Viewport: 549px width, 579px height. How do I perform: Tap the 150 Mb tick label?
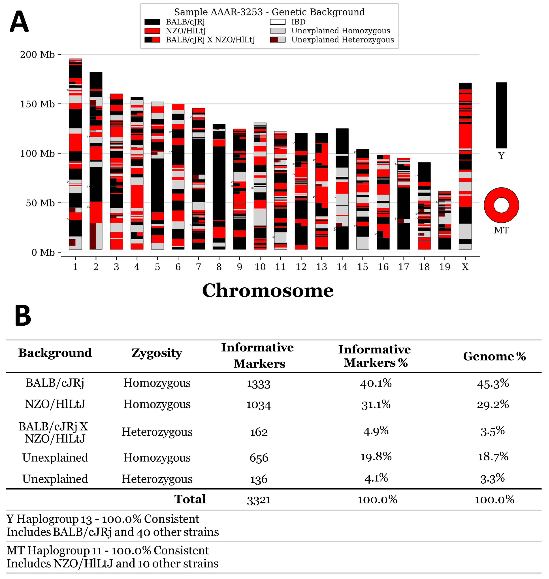point(37,104)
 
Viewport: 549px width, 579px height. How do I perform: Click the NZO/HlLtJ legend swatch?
point(152,31)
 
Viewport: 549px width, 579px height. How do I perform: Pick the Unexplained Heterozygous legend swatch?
point(277,39)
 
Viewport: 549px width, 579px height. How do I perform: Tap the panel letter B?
point(23,316)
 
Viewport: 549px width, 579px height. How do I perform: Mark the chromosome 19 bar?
point(445,220)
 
